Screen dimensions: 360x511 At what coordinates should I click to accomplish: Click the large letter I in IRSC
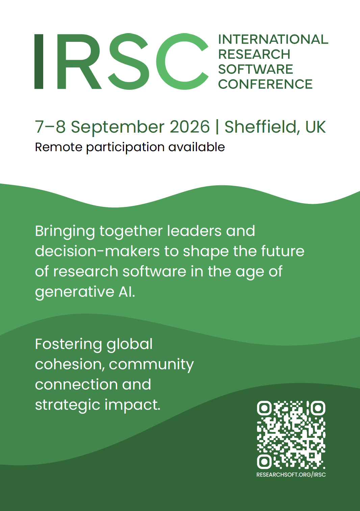39,61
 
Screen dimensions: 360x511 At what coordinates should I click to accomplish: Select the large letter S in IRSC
129,61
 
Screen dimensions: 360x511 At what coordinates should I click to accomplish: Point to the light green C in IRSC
182,61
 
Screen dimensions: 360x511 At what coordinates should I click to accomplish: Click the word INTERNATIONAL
273,39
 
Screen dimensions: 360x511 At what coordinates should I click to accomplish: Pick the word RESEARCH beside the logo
254,54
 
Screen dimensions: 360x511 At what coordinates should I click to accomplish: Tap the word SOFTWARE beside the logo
256,69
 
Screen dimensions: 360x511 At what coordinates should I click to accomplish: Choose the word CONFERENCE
265,84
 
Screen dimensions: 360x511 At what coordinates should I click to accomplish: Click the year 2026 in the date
190,127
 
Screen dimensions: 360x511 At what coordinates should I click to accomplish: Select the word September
118,128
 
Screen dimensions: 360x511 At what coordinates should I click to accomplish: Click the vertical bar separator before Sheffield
217,127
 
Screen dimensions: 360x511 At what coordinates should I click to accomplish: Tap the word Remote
59,147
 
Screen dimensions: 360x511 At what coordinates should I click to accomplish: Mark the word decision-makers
97,251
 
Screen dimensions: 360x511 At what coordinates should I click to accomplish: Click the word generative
75,292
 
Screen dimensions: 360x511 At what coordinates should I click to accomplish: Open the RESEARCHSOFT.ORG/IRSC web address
291,475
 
